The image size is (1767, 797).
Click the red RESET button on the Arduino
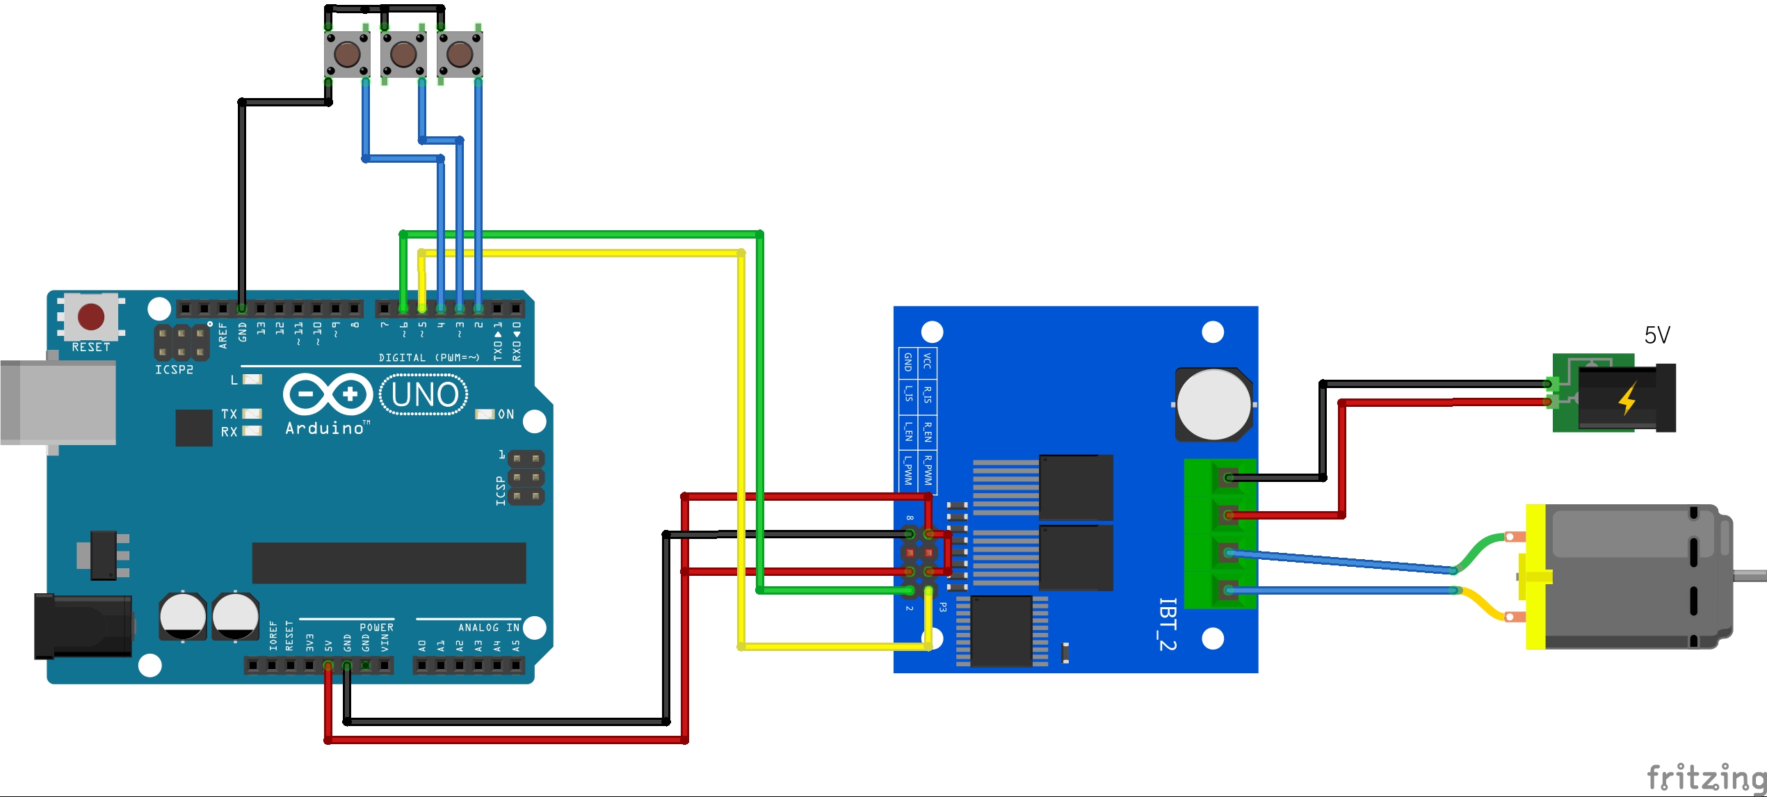tap(91, 316)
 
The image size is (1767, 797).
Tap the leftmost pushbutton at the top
tap(348, 53)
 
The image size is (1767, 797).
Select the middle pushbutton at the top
tap(403, 53)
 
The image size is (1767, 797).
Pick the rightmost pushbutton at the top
tap(459, 53)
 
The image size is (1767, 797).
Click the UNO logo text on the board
tap(424, 395)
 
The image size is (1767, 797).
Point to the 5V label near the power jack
tap(1657, 335)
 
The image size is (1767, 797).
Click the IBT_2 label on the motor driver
tap(1168, 624)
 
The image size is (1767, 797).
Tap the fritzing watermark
tap(1706, 777)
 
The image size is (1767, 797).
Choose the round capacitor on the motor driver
tap(1213, 405)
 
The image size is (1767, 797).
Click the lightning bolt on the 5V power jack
tap(1627, 399)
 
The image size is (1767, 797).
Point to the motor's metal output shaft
tap(1749, 575)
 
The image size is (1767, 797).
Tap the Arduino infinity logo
tap(328, 395)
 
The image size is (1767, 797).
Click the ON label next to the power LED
tap(506, 414)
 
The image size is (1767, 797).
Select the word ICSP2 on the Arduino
tap(174, 369)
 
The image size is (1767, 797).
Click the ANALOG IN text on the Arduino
tap(488, 627)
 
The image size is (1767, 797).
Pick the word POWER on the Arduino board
tap(376, 627)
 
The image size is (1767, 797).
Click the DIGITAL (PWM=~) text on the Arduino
tap(429, 357)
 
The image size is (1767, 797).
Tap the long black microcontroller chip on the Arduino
tap(389, 563)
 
